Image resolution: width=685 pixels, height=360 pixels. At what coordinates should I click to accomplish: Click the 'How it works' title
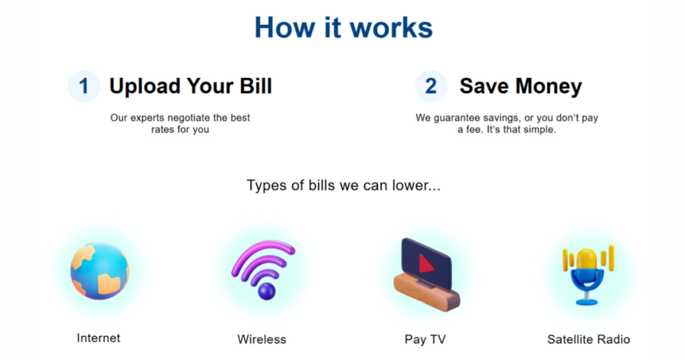[343, 27]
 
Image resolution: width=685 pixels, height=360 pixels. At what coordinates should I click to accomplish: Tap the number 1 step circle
[84, 86]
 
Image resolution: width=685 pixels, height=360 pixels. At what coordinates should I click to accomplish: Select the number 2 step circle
[431, 86]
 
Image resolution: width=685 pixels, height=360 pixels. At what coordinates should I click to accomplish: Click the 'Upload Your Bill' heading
[191, 86]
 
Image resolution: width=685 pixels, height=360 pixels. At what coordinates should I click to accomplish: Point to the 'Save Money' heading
[520, 86]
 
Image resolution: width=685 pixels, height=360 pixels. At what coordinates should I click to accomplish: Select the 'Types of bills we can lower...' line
[343, 185]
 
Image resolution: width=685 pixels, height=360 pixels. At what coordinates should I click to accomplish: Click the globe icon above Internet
[100, 271]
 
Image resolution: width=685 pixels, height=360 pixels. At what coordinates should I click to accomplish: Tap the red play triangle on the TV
[426, 264]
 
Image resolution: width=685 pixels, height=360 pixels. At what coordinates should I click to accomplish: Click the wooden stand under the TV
[426, 292]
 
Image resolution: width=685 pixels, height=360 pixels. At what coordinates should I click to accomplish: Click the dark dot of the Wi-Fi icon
[266, 291]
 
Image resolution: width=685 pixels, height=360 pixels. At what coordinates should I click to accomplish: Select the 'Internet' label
[98, 338]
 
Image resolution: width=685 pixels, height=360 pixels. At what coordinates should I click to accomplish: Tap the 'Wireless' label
[262, 339]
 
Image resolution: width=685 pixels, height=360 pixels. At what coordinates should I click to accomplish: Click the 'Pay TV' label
[425, 339]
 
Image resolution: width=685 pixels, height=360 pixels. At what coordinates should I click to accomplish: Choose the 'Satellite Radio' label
[589, 339]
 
